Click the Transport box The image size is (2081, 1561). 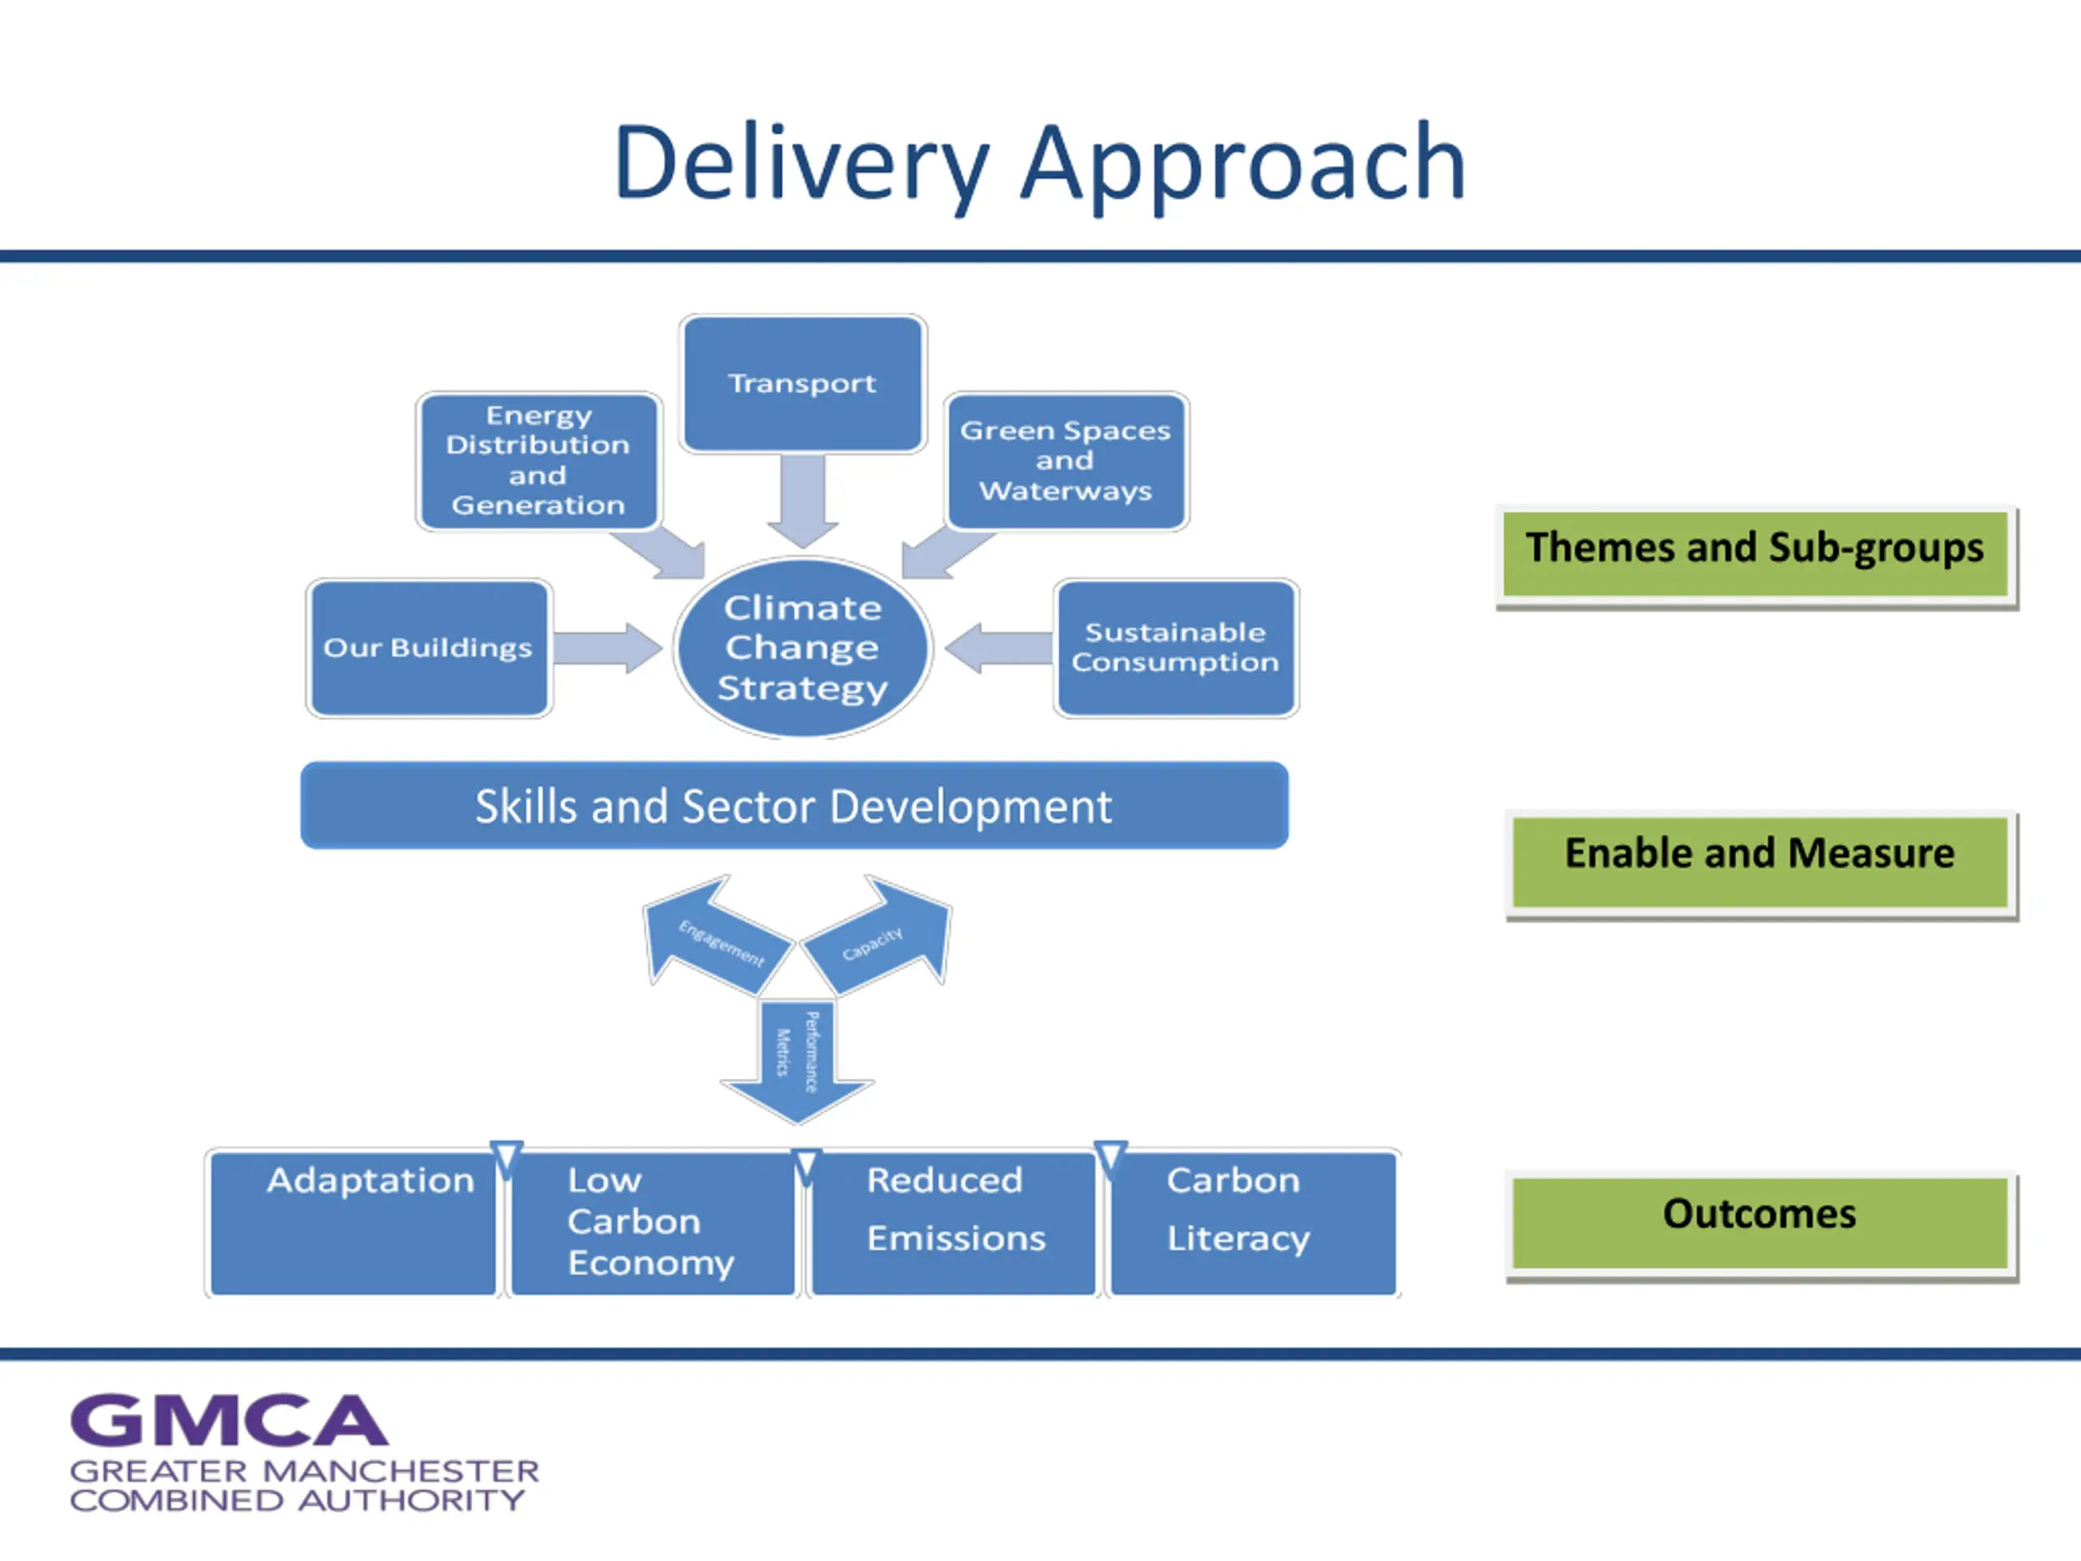[802, 384]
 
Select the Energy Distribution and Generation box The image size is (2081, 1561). [538, 461]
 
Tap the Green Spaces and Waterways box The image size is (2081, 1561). [1066, 461]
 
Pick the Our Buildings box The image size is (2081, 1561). [429, 647]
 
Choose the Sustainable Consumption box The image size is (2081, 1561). [1176, 647]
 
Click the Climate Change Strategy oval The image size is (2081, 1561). [802, 647]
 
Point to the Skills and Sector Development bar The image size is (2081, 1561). [794, 806]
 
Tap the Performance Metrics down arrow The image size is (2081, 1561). [797, 1061]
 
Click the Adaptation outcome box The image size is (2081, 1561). [353, 1224]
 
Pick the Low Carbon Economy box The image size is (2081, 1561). [653, 1224]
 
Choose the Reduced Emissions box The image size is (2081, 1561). [953, 1224]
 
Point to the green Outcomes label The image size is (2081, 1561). [1762, 1224]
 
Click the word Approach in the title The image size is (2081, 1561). [1243, 166]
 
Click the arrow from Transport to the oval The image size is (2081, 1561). [802, 501]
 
